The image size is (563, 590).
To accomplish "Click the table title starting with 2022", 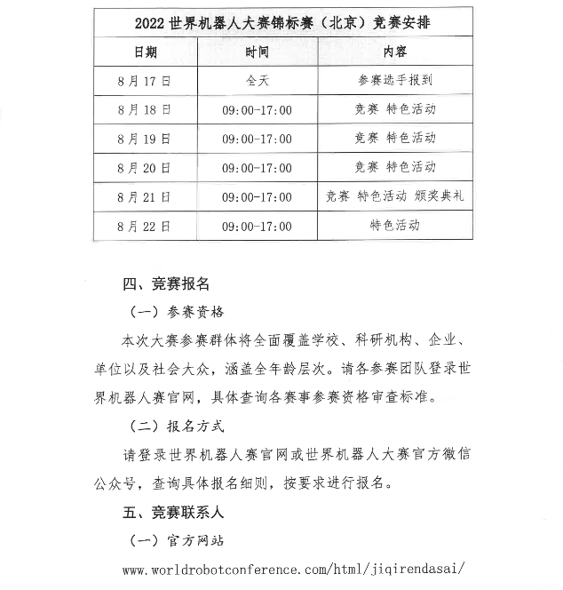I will click(283, 21).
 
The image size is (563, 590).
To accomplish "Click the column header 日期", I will click(144, 52).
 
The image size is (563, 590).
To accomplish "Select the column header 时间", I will click(258, 52).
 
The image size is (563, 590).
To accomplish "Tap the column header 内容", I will click(395, 52).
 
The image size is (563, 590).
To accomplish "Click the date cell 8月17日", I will click(144, 81).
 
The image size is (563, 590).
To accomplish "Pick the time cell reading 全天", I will click(258, 81).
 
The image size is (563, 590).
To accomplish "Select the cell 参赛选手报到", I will click(395, 81).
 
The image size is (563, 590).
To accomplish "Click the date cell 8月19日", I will click(144, 139).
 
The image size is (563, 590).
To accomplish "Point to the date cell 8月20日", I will click(144, 168).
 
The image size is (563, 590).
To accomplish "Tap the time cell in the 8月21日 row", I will click(258, 197).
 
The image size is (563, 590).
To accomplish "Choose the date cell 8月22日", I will click(144, 227).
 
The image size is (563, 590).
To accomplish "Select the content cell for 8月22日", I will click(395, 226).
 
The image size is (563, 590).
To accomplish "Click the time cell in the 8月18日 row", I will click(258, 110).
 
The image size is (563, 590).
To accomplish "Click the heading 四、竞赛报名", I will click(166, 283).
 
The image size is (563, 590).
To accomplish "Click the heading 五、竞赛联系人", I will click(173, 512).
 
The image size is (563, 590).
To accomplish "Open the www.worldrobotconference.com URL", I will click(293, 569).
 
